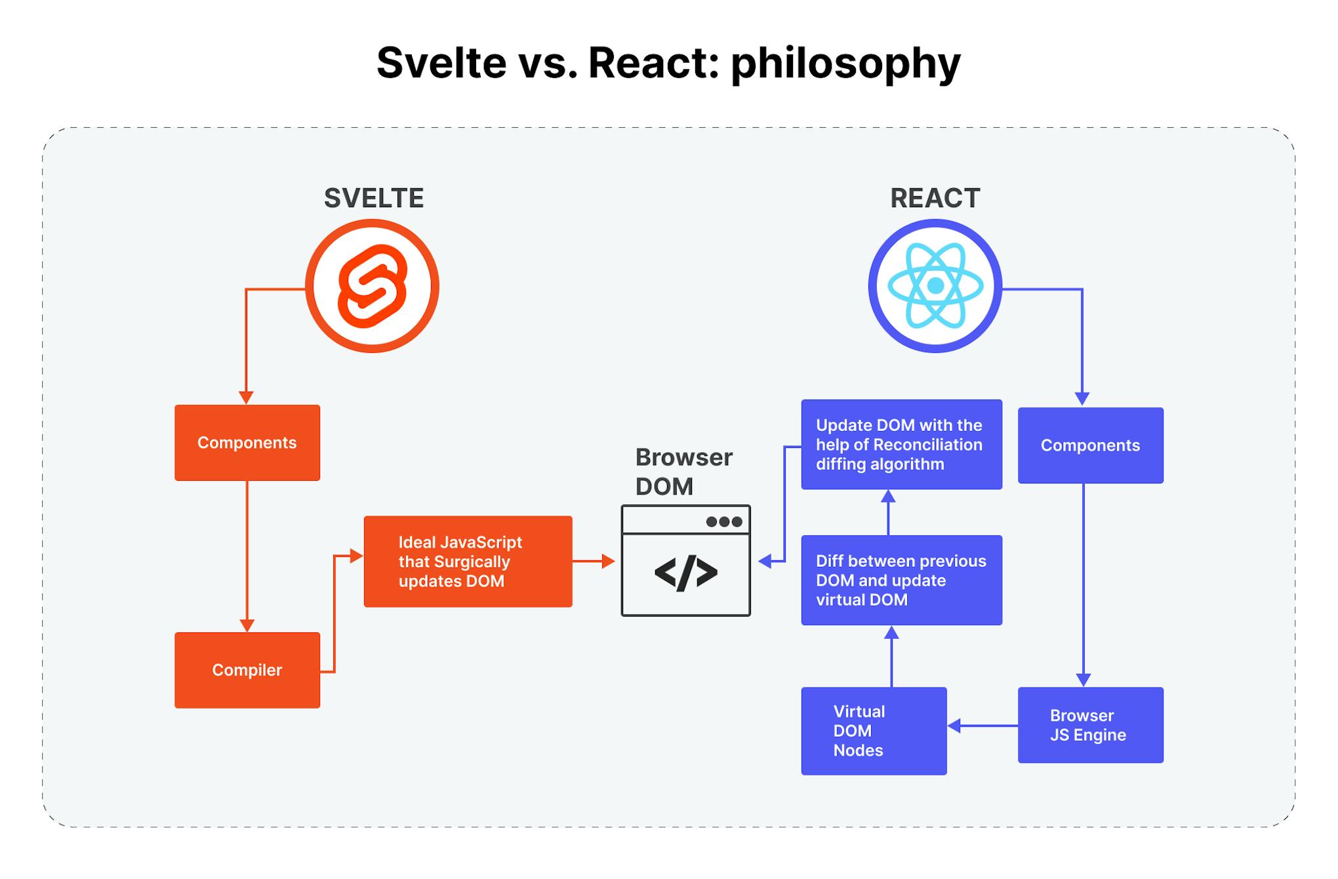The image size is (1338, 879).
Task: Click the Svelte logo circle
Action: [x=372, y=286]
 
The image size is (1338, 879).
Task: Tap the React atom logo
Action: [x=935, y=286]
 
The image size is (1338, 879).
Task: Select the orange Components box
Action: [x=247, y=443]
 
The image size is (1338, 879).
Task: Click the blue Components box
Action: [x=1090, y=445]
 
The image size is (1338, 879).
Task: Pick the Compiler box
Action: [x=247, y=670]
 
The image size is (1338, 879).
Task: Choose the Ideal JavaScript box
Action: [x=468, y=562]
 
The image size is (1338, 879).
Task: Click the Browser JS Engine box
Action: [x=1090, y=725]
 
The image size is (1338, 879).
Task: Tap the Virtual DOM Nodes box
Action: [x=874, y=731]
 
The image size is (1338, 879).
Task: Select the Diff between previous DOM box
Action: [x=901, y=580]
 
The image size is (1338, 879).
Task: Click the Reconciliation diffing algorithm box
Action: [x=901, y=444]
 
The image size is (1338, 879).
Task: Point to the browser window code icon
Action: [x=685, y=573]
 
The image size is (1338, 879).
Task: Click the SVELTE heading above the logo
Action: [x=374, y=198]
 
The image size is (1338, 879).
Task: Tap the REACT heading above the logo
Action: [x=935, y=198]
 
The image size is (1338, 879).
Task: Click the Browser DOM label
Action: [x=683, y=472]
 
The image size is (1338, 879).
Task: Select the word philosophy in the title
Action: [x=845, y=64]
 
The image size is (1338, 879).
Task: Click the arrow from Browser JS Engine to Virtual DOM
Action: [x=983, y=726]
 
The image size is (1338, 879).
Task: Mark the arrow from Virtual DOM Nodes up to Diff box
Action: [x=891, y=656]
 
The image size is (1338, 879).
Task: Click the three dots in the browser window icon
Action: [x=724, y=521]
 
